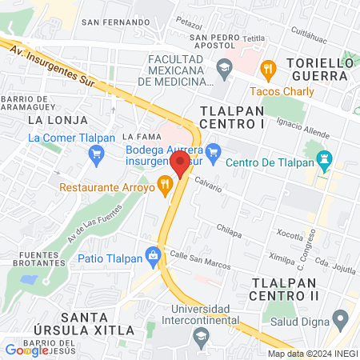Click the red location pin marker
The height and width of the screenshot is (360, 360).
(x=180, y=164)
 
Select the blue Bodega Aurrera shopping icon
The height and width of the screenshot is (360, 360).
(x=213, y=150)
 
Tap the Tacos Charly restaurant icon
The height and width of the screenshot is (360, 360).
(x=268, y=69)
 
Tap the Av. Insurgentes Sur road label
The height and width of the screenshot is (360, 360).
(x=53, y=65)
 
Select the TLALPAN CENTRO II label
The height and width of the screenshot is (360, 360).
(x=286, y=290)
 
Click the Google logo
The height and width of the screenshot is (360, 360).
(x=26, y=350)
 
